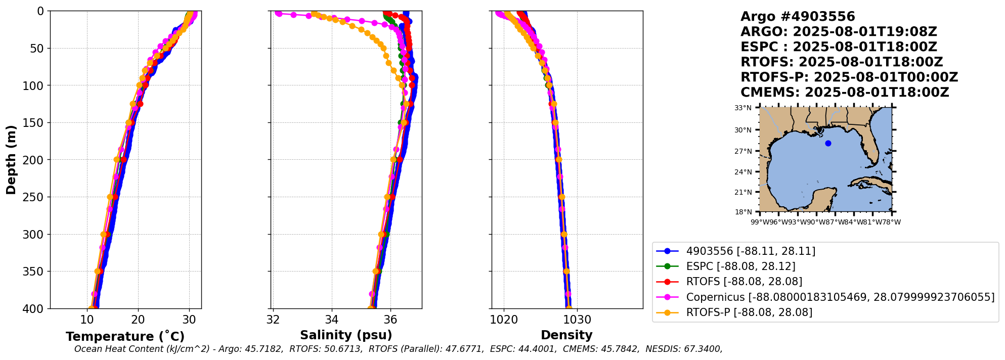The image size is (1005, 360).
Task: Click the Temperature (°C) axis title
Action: tap(125, 336)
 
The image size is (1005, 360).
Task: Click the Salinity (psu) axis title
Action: tap(346, 335)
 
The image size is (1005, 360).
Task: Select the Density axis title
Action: tap(566, 335)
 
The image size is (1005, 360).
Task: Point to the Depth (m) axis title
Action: tap(11, 160)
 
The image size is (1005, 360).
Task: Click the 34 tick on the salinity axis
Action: tap(332, 320)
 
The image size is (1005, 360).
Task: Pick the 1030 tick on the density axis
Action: tap(577, 320)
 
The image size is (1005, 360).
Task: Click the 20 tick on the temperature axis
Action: tap(138, 320)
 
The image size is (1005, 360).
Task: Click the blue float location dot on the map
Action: tap(828, 143)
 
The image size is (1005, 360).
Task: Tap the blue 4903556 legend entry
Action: tap(751, 251)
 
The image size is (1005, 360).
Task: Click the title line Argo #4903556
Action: tap(798, 17)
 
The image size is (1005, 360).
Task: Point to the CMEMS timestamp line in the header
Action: tap(845, 93)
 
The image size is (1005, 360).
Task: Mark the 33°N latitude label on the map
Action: tap(743, 108)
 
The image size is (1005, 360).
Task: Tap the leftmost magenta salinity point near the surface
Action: tap(279, 14)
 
